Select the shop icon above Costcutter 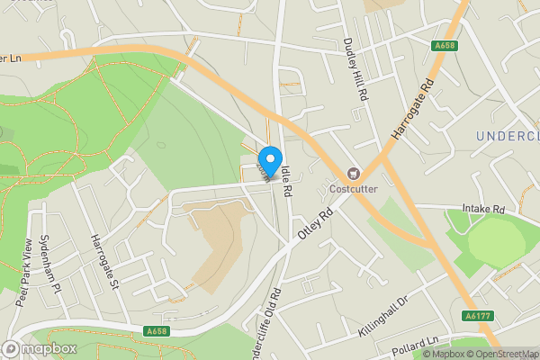[354, 173]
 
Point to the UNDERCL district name [506, 136]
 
